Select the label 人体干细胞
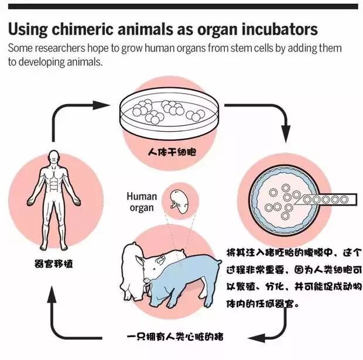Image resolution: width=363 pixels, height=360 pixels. [x=172, y=152]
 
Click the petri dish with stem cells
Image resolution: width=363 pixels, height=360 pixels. [x=169, y=112]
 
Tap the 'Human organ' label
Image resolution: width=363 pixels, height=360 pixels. [x=142, y=201]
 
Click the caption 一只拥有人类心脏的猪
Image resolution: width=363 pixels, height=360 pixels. [x=175, y=337]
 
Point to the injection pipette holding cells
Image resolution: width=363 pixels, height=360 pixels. [x=328, y=199]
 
